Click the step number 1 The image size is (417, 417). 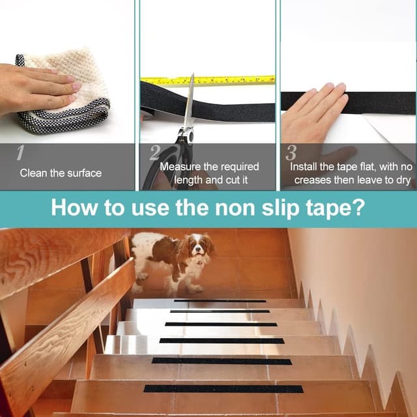click(20, 153)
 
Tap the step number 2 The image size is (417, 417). click(155, 153)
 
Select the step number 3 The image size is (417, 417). click(291, 153)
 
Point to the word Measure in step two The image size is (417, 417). click(180, 167)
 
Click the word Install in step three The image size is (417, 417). click(304, 167)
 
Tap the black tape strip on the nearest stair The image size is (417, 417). click(223, 389)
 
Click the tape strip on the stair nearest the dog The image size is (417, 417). click(220, 301)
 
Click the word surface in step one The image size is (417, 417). click(84, 173)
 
